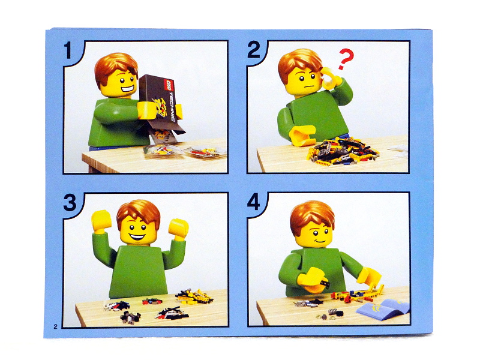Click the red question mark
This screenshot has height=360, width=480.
346,59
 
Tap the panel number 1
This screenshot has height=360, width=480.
68,50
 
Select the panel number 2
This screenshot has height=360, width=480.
253,50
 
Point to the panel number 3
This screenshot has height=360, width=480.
70,203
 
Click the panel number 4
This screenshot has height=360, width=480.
253,202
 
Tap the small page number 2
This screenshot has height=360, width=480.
55,326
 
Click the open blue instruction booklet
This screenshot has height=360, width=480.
383,308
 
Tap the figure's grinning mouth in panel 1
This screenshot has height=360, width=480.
128,89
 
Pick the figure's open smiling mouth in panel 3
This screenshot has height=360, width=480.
137,236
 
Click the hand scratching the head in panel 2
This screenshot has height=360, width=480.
331,78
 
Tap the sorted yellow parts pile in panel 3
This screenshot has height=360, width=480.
194,296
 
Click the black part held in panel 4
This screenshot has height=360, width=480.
325,283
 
